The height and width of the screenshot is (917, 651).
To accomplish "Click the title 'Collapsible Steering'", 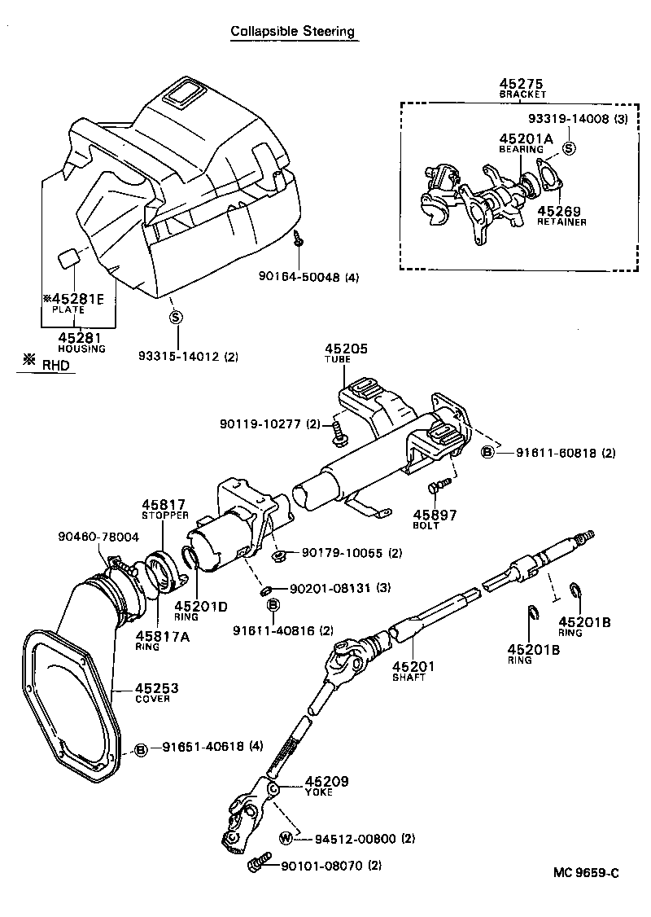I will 293,32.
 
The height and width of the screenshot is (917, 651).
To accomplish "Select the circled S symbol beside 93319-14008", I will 569,147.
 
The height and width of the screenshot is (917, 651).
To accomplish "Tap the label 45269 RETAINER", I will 561,215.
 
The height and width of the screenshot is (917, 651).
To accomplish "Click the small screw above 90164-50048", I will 299,239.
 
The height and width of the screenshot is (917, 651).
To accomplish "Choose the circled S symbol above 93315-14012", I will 175,318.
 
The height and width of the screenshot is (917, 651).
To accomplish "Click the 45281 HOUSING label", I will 81,342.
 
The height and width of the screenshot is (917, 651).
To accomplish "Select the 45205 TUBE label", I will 347,353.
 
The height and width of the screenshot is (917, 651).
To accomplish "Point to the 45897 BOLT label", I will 435,519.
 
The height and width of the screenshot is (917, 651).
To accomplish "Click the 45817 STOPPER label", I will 164,509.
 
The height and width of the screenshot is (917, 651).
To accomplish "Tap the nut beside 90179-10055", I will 277,555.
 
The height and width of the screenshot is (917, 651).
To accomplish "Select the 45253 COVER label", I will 156,692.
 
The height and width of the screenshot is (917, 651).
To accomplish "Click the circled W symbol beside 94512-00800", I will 286,839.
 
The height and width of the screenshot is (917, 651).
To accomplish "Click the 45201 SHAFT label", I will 414,671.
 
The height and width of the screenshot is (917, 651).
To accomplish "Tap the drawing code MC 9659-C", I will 586,873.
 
